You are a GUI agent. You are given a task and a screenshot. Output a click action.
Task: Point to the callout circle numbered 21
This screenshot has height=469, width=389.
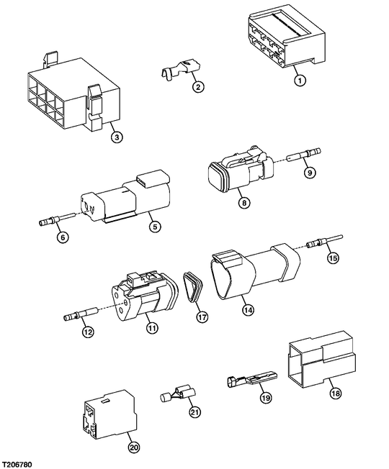click(x=194, y=411)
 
